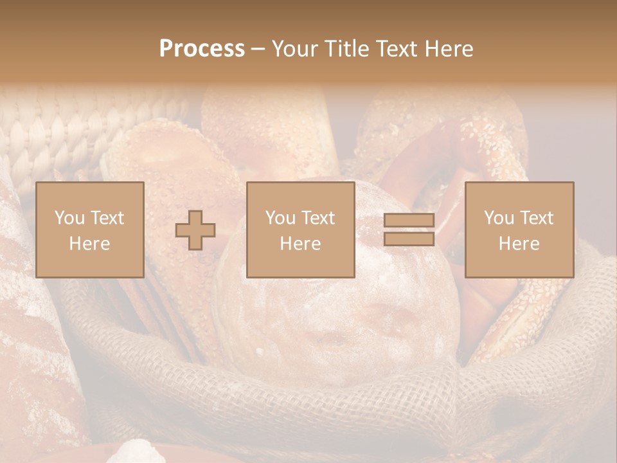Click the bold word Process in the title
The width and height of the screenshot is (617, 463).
pos(202,49)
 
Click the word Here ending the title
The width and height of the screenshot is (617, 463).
pos(449,49)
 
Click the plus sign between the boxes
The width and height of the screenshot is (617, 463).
pos(195,230)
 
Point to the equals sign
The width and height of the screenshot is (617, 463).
pos(409,230)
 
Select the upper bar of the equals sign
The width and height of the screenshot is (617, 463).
pos(409,221)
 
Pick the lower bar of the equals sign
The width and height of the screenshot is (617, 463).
pos(409,239)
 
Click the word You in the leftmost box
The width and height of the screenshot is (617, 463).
pos(69,218)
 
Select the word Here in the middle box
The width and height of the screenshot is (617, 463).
pos(300,244)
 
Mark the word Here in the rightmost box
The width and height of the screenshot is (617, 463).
pos(519,244)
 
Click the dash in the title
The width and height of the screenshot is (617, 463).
pos(258,50)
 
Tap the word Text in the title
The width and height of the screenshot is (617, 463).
pos(397,49)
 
